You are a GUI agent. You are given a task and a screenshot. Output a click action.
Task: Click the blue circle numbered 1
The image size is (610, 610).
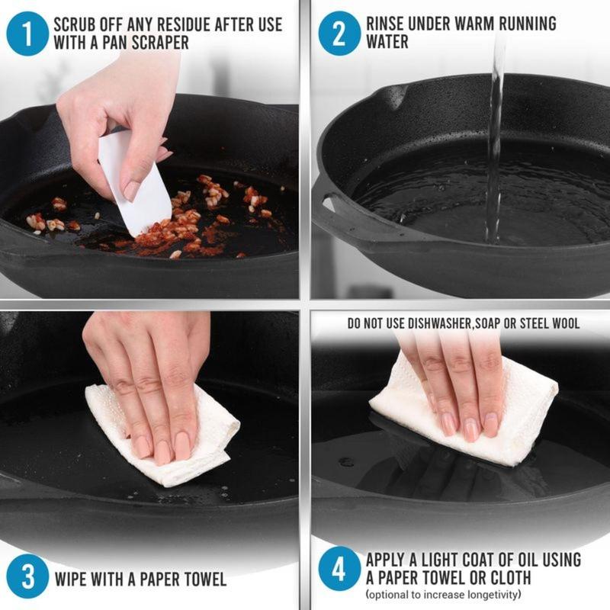click(27, 34)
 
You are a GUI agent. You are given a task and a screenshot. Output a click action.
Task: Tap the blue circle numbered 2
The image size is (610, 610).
click(339, 34)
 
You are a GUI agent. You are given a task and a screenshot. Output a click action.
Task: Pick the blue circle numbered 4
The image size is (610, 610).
click(339, 568)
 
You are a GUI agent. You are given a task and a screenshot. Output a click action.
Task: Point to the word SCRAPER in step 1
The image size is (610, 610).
click(160, 43)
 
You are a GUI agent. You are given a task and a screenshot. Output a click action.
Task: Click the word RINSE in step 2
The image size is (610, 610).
click(385, 24)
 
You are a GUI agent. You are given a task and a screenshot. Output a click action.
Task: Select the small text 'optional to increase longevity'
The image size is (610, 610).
click(443, 595)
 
